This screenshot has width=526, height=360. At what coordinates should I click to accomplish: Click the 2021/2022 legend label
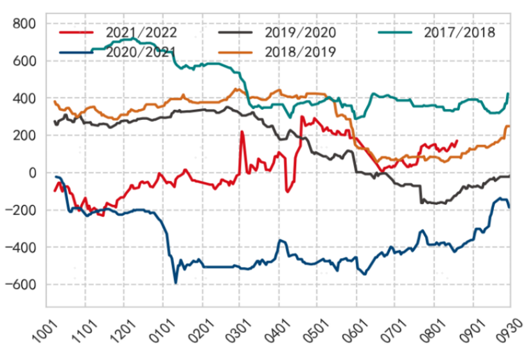pos(141,32)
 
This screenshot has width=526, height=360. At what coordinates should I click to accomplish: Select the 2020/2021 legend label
pos(141,51)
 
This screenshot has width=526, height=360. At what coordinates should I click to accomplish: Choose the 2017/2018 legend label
pos(460,32)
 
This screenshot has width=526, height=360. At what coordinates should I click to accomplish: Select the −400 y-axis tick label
pos(22,248)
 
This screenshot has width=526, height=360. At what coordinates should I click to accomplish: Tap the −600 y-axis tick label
pos(22,285)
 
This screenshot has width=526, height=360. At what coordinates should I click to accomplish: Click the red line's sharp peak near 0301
pos(242,132)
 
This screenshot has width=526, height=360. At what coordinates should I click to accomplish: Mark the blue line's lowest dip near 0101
pos(175,282)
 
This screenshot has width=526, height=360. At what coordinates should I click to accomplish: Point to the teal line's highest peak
pos(132,40)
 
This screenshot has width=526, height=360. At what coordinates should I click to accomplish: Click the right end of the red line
pos(457,141)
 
